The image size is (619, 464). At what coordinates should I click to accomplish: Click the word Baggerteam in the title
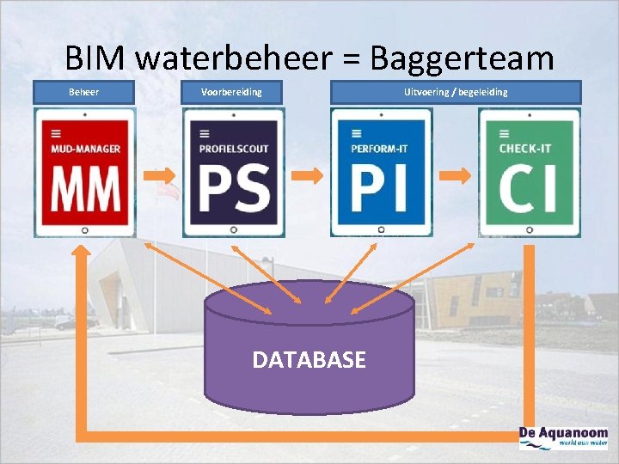[x=462, y=58]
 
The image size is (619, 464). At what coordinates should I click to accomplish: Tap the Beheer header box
[x=84, y=92]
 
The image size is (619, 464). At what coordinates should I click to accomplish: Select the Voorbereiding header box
[x=232, y=92]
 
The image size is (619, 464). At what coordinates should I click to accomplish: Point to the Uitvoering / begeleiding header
[x=456, y=92]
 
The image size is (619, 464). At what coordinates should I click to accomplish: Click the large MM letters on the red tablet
[x=84, y=189]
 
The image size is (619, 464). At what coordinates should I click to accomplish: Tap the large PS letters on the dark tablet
[x=233, y=189]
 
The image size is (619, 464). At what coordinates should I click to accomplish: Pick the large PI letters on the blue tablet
[x=381, y=189]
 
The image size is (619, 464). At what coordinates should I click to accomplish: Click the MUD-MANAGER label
[x=85, y=149]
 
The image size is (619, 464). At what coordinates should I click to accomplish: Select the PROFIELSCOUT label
[x=233, y=149]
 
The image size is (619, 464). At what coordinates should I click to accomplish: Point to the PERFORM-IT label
[x=379, y=149]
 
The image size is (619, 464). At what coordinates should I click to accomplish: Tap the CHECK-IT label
[x=525, y=149]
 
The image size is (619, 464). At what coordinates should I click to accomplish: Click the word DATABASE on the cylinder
[x=309, y=359]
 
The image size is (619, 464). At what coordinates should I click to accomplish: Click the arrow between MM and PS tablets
[x=159, y=176]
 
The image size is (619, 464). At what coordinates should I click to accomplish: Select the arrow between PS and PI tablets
[x=307, y=175]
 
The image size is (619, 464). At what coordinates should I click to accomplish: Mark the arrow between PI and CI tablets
[x=456, y=175]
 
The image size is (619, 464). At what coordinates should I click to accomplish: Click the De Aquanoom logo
[x=563, y=438]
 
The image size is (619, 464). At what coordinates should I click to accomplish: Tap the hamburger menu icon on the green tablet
[x=504, y=133]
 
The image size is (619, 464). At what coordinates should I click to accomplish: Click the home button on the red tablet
[x=84, y=230]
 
